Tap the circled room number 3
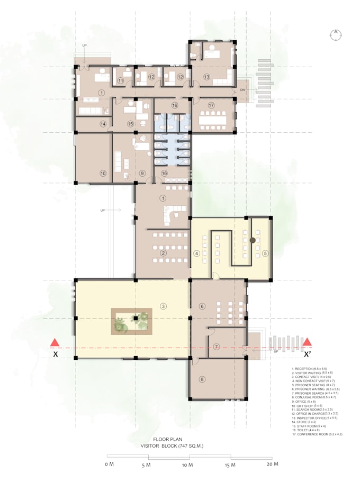[164, 306]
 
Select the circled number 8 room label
[202, 379]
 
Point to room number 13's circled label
[206, 77]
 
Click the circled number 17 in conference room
[211, 105]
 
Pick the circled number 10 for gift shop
[103, 173]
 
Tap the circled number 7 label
[217, 347]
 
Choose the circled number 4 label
[197, 253]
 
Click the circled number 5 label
[265, 253]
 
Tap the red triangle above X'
[307, 341]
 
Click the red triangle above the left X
[54, 341]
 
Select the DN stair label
[242, 90]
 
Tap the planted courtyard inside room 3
[131, 321]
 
